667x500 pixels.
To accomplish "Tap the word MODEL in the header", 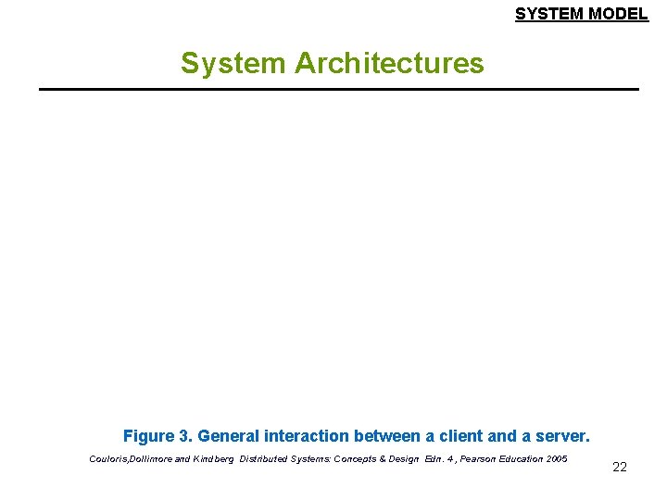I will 618,14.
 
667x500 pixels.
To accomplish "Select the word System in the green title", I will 234,63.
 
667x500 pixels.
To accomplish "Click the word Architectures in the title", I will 389,63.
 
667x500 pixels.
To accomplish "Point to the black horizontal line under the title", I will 339,89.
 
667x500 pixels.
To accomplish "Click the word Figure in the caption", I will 148,435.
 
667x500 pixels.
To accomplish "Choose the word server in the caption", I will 559,435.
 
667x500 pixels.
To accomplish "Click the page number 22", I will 620,467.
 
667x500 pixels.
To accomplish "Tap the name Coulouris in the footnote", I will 109,459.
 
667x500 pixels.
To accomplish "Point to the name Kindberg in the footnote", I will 214,459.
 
